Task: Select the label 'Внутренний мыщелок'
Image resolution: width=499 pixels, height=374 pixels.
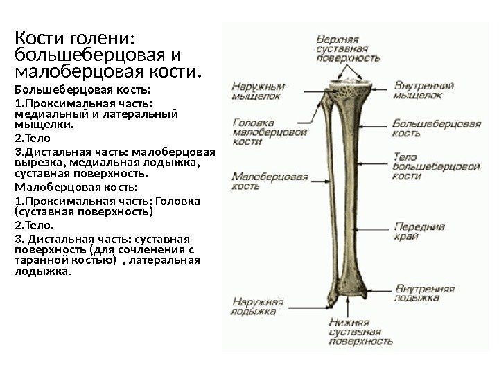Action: pos(424,91)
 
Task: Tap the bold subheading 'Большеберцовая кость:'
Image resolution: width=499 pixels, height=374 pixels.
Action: pos(82,90)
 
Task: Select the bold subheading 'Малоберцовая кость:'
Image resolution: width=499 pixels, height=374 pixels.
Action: pos(76,187)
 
